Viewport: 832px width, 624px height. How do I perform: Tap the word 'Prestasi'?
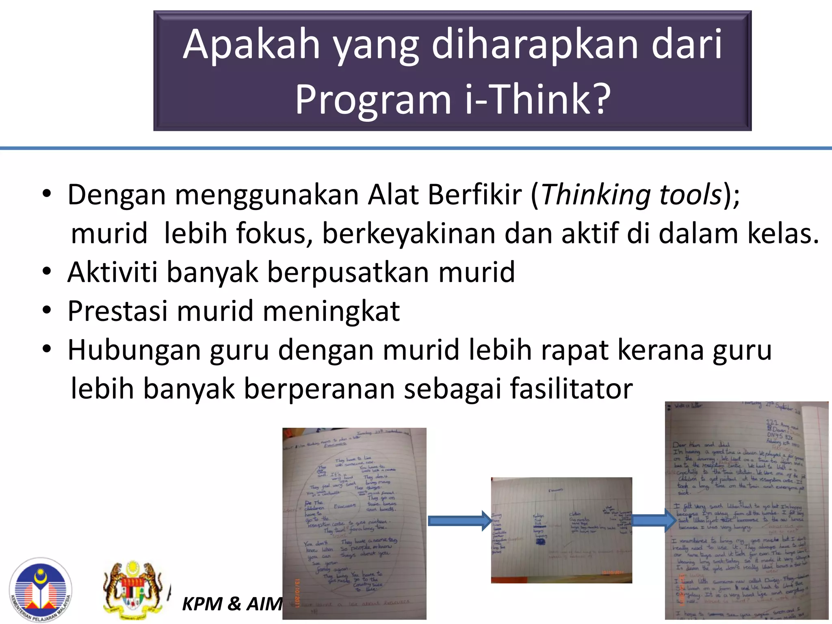(x=117, y=311)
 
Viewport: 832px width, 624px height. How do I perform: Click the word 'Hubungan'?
(x=134, y=350)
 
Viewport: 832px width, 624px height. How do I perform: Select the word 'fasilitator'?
(x=571, y=388)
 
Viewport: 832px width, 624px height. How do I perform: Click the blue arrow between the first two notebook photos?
(x=459, y=520)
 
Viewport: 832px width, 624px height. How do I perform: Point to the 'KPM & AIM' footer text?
(x=232, y=604)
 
